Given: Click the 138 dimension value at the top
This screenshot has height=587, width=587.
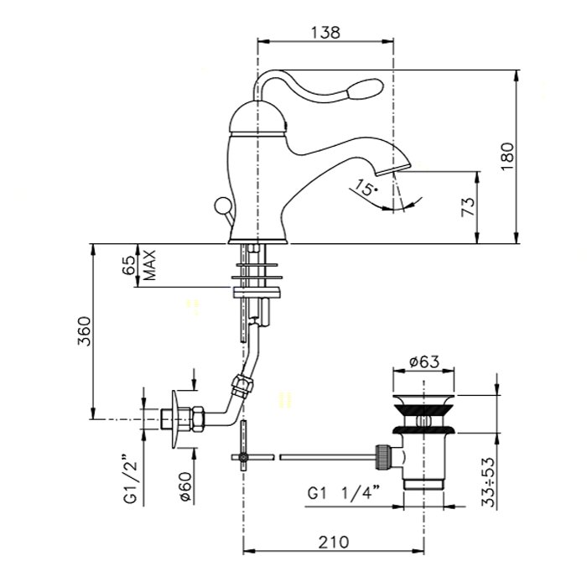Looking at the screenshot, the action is (x=325, y=32).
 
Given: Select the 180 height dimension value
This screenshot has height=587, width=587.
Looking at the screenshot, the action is (x=508, y=157).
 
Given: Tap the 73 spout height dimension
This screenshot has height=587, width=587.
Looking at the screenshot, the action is (x=468, y=206).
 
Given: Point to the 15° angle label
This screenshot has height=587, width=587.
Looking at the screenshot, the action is (x=366, y=187).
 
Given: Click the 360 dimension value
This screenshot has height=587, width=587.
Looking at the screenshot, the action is (x=84, y=331).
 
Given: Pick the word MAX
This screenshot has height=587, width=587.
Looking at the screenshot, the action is (x=149, y=266).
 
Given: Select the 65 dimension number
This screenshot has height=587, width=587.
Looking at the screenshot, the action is (x=130, y=266).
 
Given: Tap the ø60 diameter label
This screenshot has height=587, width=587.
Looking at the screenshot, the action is (x=186, y=486).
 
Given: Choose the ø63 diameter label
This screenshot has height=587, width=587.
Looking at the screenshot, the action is (x=423, y=361).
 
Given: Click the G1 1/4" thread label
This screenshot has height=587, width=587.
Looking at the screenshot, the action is (x=341, y=494).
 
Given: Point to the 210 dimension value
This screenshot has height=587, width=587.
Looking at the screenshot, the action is (x=334, y=542).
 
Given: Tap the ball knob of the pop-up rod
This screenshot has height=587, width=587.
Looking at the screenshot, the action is (x=221, y=205).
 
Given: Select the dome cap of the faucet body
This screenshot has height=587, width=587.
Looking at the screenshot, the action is (x=257, y=117).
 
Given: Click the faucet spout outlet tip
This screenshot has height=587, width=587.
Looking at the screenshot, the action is (x=393, y=170).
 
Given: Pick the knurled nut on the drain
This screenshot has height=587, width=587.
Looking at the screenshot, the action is (x=383, y=456).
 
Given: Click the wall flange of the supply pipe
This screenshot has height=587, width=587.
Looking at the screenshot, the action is (x=175, y=419).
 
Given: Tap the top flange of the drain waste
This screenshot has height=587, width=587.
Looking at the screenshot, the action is (x=423, y=399).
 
